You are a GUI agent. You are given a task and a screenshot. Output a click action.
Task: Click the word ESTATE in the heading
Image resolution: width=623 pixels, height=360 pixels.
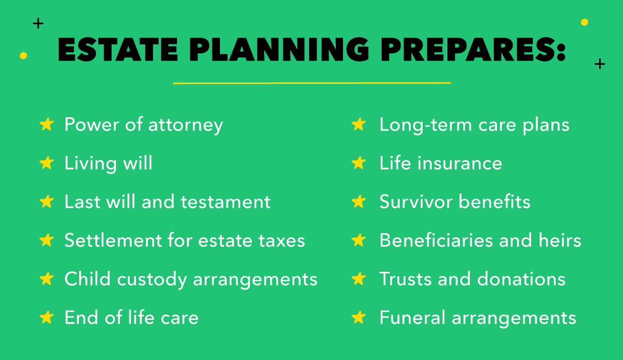tap(117, 49)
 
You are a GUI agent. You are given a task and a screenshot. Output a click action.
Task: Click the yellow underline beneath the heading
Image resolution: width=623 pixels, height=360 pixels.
tap(311, 83)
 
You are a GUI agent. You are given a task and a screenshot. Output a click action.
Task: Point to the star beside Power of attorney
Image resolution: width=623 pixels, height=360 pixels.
tap(47, 124)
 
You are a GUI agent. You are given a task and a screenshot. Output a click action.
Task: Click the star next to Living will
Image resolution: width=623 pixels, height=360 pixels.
tap(47, 163)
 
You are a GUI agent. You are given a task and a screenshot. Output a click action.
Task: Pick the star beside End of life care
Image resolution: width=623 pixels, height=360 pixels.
tap(47, 318)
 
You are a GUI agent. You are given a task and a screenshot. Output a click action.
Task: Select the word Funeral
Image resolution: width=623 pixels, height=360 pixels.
tap(412, 318)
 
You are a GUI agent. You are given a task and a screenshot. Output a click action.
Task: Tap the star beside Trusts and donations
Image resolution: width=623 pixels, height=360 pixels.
tap(358, 279)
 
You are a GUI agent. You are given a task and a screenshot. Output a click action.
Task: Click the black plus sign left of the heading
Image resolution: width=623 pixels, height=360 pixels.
tap(38, 23)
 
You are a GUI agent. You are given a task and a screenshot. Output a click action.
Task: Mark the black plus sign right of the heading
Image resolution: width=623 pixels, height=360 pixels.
tap(600, 64)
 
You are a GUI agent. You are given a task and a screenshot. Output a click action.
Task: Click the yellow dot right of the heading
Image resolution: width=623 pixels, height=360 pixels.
tap(584, 22)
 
